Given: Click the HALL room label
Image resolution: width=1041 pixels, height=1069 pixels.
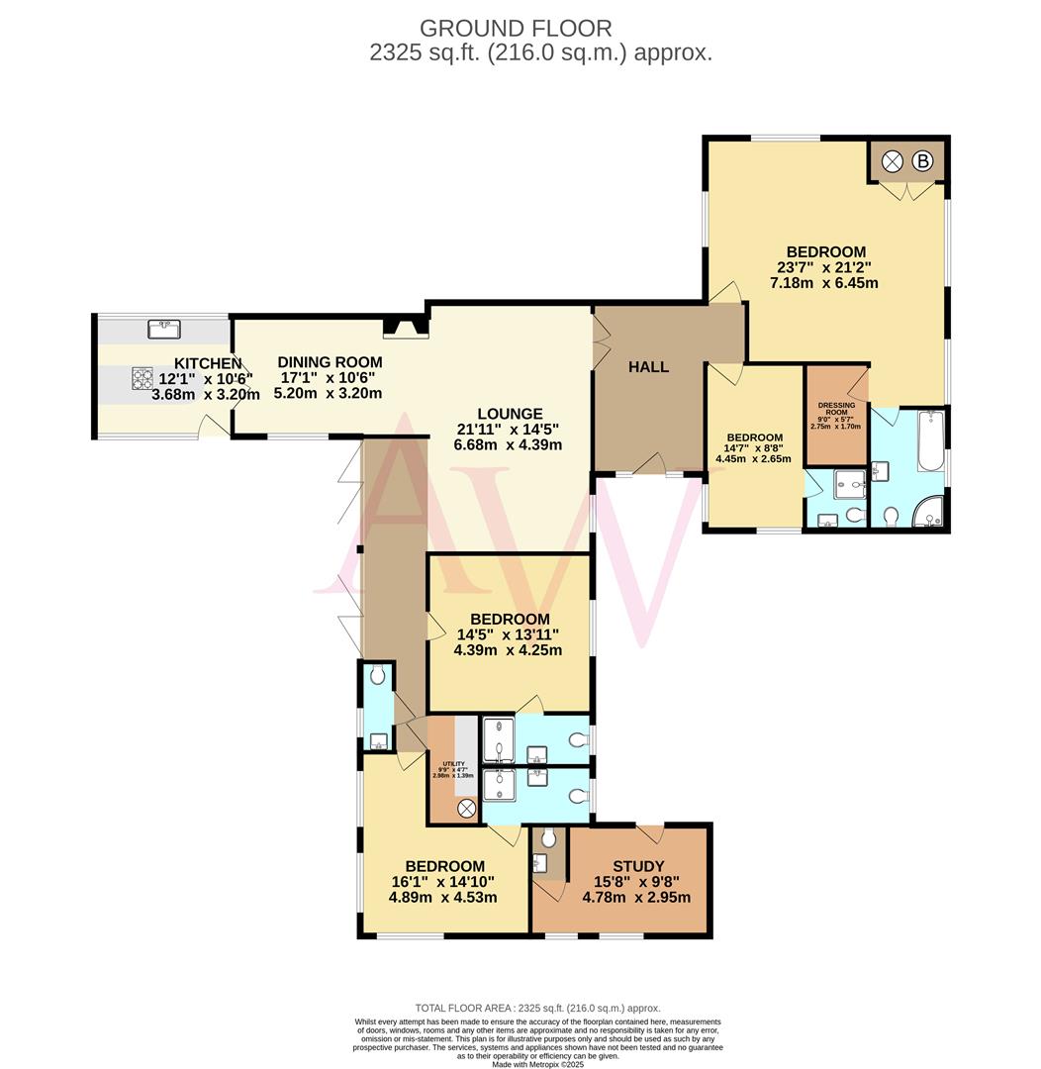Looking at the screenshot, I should click(648, 367).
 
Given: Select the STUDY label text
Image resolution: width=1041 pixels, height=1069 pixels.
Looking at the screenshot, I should click(637, 866).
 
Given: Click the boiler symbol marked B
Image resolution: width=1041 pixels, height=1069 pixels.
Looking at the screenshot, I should click(924, 160).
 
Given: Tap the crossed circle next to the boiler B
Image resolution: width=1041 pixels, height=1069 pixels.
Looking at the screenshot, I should click(893, 160).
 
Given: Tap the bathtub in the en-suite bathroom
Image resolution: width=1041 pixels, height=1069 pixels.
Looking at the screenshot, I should click(929, 440).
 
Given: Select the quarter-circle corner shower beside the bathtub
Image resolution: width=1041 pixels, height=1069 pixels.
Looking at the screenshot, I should click(927, 512).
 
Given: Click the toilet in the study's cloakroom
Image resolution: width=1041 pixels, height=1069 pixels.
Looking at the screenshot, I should click(549, 839).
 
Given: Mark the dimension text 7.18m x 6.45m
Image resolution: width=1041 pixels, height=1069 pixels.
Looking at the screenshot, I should click(824, 283).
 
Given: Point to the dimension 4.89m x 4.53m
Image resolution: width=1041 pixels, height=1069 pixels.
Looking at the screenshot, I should click(443, 898).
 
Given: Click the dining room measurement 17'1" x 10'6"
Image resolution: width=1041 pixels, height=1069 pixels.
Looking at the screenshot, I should click(327, 377).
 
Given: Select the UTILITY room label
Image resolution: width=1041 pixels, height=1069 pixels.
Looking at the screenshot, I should click(453, 763).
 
